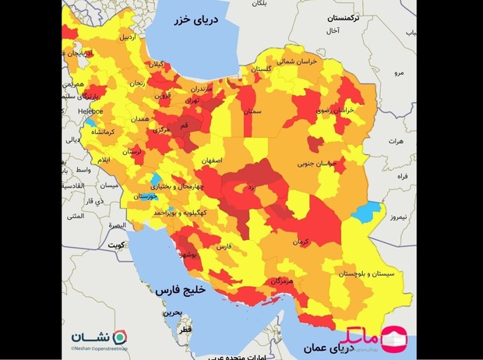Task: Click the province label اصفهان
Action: pyautogui.click(x=210, y=160)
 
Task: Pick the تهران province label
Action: pyautogui.click(x=190, y=101)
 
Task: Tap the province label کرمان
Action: pyautogui.click(x=301, y=242)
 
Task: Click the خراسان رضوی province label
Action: pyautogui.click(x=336, y=110)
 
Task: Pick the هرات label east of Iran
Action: pyautogui.click(x=396, y=141)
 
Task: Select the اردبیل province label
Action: pyautogui.click(x=126, y=37)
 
